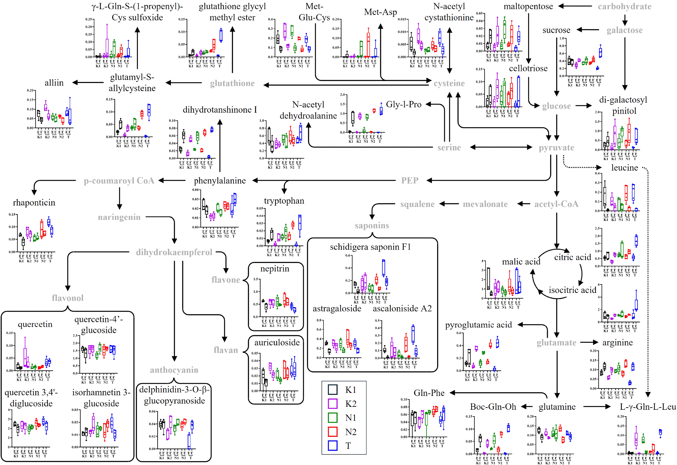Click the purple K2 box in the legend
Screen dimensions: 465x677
[333, 403]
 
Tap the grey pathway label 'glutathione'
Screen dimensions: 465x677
[232, 83]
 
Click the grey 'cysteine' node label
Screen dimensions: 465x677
[449, 83]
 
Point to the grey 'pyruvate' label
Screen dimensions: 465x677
[556, 148]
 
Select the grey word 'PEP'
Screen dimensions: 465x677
[410, 181]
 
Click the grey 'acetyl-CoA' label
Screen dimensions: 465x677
[556, 204]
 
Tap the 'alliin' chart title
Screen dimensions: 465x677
[54, 83]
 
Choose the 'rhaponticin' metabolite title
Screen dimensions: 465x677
[34, 203]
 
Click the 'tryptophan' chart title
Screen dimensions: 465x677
[284, 201]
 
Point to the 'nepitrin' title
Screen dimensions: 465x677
[275, 269]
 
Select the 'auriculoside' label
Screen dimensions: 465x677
[277, 342]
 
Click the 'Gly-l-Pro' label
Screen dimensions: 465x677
[404, 104]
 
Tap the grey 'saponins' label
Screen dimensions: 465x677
[372, 226]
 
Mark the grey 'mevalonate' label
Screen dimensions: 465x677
[485, 204]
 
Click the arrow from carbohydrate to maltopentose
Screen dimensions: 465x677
[575, 6]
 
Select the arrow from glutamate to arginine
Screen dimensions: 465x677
[589, 342]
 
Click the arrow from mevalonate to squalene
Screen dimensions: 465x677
[449, 204]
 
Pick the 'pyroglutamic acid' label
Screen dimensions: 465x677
[478, 325]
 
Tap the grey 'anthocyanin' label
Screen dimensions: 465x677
[174, 370]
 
